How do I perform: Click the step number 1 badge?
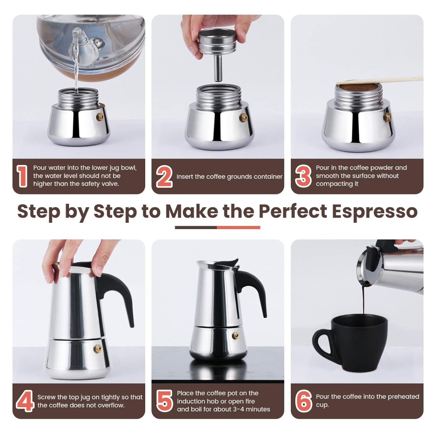click(22, 176)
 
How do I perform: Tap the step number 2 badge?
click(164, 177)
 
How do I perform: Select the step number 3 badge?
click(303, 176)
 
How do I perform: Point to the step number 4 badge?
click(25, 401)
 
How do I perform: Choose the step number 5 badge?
click(164, 401)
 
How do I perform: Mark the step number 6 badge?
click(303, 401)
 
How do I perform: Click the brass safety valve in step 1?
click(100, 117)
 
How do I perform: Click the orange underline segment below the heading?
click(238, 228)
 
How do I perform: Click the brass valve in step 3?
click(387, 117)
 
